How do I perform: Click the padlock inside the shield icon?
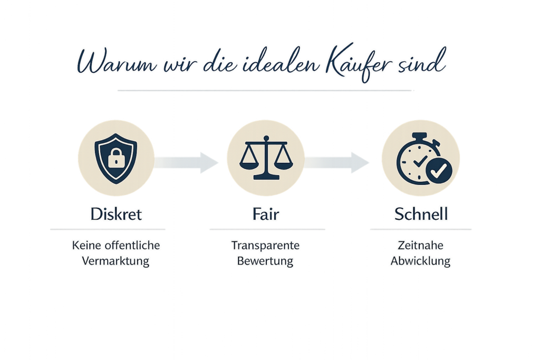[115, 158]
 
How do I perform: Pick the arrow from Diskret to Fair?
[187, 162]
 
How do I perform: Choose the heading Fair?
[266, 215]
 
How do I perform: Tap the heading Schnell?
[421, 215]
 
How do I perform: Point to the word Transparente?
[265, 246]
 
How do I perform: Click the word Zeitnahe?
[420, 246]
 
